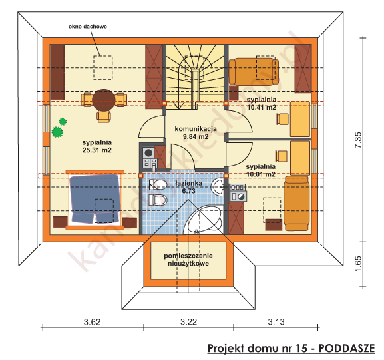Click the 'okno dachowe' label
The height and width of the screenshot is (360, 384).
(88, 27)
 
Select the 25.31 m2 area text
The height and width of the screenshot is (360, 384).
(96, 150)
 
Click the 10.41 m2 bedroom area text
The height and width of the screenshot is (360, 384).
(261, 106)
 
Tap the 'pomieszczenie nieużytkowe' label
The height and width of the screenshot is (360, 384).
(189, 259)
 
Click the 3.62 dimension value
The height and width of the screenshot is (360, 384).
(92, 323)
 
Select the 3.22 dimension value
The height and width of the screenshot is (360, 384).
(190, 323)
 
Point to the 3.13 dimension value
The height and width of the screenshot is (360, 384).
(276, 323)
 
